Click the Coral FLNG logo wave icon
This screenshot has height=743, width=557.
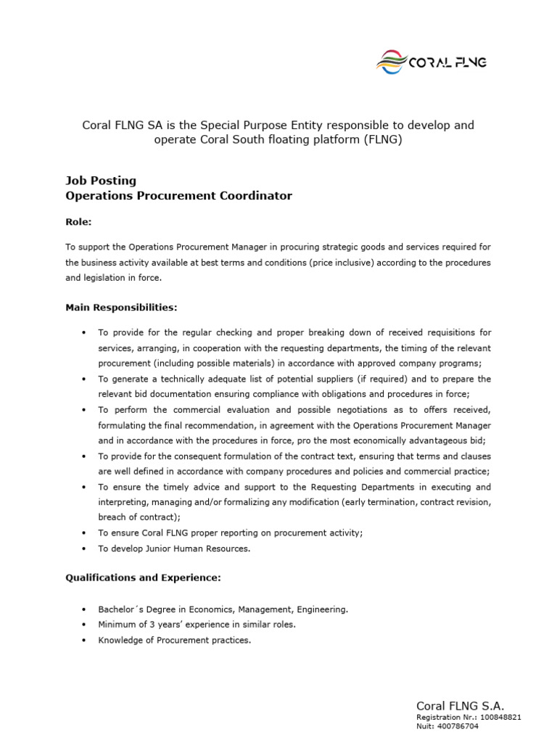click(391, 62)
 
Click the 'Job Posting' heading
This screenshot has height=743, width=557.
click(101, 181)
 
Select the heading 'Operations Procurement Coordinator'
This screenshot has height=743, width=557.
click(178, 196)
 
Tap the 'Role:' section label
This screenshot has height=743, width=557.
click(78, 222)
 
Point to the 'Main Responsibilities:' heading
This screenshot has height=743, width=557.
click(121, 308)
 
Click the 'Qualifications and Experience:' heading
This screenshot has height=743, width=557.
click(143, 578)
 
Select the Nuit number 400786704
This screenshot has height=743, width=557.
click(458, 726)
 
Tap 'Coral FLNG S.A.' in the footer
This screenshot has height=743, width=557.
click(459, 705)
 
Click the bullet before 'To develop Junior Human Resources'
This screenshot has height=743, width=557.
click(84, 549)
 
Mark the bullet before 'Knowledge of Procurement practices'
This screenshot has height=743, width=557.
click(84, 640)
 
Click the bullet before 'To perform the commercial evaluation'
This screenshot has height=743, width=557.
click(84, 410)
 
